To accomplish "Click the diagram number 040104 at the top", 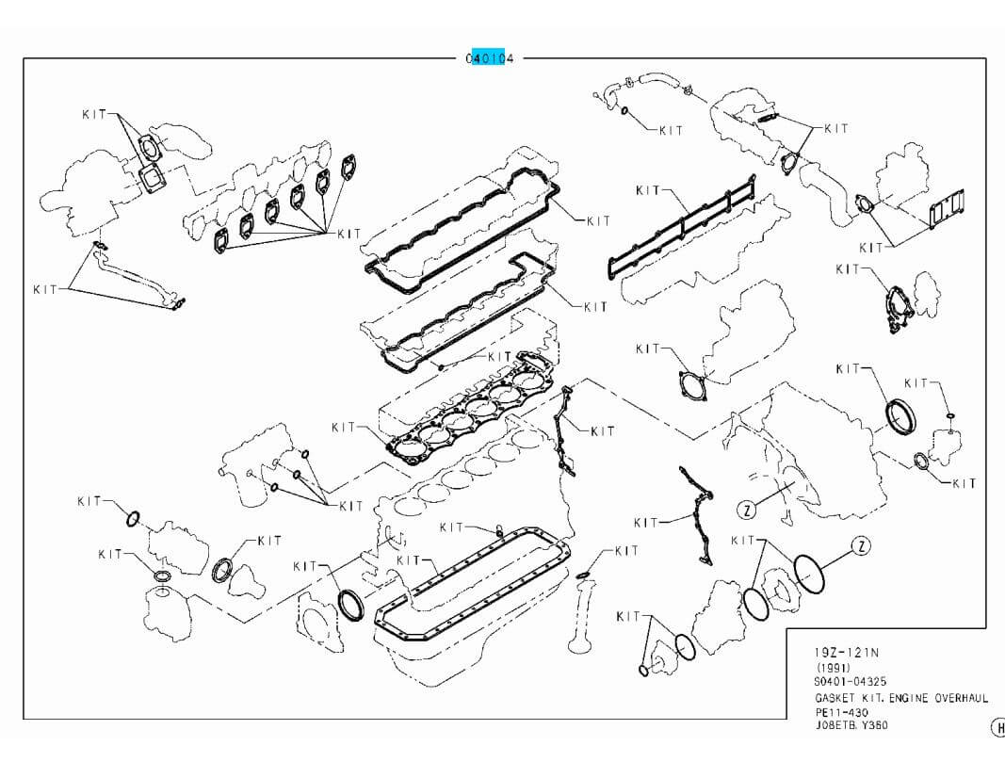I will [490, 58].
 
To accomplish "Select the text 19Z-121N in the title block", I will [846, 652].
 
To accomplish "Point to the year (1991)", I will [833, 667].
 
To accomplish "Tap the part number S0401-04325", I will [851, 681].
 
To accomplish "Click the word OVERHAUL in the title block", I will [961, 698].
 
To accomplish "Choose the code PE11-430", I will [841, 712].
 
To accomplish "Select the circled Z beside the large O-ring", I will [859, 546].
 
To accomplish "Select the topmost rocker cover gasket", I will [462, 221].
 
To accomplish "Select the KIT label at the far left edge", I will [44, 289].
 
